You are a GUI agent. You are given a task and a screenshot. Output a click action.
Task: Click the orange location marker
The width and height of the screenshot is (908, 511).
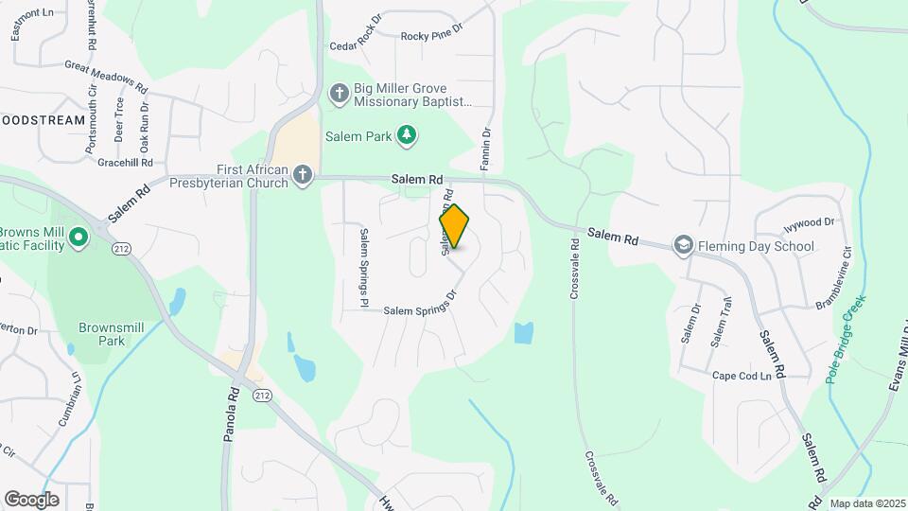454,226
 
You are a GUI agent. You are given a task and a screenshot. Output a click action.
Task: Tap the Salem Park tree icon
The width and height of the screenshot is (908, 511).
407,136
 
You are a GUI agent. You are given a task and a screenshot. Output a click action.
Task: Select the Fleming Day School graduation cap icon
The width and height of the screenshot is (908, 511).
683,247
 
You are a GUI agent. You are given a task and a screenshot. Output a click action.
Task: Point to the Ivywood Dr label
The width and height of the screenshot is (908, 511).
809,224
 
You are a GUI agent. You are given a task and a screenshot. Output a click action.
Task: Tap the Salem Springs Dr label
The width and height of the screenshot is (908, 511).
420,304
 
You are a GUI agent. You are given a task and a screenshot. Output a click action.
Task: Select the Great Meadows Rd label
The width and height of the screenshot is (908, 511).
107,78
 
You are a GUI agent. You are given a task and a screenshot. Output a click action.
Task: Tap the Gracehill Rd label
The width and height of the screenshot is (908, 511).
118,162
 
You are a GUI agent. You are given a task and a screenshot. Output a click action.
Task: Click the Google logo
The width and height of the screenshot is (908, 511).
31,499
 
